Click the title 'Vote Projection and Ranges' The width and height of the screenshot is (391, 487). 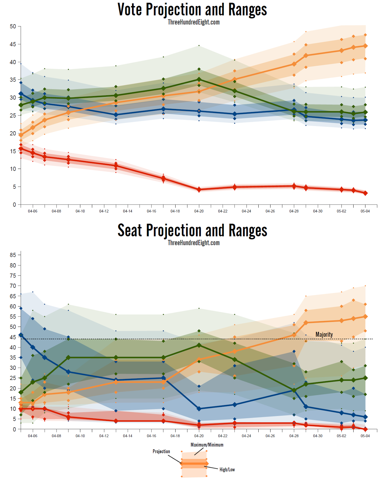192,10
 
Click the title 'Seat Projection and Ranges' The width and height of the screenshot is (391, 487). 192,230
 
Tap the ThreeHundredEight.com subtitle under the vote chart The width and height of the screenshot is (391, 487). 194,22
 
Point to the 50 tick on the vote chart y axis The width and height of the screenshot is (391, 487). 13,26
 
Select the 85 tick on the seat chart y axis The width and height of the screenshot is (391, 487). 13,255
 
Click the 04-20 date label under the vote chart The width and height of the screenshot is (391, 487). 199,211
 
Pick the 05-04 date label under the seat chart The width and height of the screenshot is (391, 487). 365,436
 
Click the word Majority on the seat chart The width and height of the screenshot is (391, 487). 324,335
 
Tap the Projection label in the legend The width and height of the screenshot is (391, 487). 161,451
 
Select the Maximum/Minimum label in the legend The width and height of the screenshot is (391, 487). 207,445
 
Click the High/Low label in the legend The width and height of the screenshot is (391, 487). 227,470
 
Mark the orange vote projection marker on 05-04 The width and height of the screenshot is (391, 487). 365,46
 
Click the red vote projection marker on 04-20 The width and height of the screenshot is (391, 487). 199,190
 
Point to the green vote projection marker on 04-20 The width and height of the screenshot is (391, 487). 199,80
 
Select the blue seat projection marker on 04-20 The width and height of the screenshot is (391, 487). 199,409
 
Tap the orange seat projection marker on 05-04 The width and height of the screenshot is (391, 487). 365,317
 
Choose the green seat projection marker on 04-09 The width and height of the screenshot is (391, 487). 68,357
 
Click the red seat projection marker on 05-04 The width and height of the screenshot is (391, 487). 365,429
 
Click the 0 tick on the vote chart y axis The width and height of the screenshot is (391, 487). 14,205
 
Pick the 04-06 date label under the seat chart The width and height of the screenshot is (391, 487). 33,436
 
